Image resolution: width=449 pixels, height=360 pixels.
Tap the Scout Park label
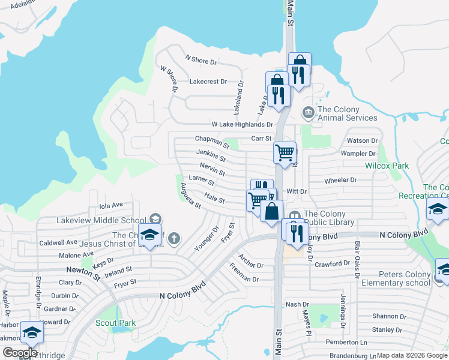pyautogui.click(x=115, y=323)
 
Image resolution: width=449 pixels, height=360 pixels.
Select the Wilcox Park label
pyautogui.click(x=387, y=165)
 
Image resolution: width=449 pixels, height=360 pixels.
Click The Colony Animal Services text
pyautogui.click(x=347, y=113)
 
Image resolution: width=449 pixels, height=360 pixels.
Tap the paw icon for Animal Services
pyautogui.click(x=308, y=112)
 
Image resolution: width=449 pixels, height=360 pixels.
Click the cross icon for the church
pyautogui.click(x=174, y=239)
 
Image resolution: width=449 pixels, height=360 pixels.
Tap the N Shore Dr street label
pyautogui.click(x=200, y=60)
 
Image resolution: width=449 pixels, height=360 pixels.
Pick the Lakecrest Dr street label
pyautogui.click(x=208, y=82)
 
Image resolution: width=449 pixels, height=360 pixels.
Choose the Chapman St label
pyautogui.click(x=212, y=142)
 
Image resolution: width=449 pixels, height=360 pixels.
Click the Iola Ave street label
pyautogui.click(x=110, y=205)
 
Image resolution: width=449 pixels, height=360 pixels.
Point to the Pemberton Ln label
pyautogui.click(x=346, y=342)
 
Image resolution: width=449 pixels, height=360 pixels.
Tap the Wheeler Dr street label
pyautogui.click(x=340, y=180)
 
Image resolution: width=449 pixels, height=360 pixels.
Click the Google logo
pyautogui.click(x=20, y=353)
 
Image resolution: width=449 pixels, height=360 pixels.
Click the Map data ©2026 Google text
pyautogui.click(x=411, y=355)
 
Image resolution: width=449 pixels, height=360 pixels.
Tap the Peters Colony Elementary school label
pyautogui.click(x=396, y=279)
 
